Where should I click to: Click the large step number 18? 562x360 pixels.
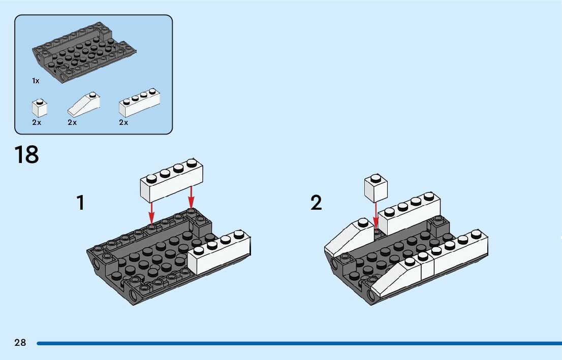pos(26,155)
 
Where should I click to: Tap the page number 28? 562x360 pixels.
pos(20,343)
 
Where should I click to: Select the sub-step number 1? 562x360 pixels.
pos(81,203)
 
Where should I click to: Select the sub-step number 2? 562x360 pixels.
pos(316,203)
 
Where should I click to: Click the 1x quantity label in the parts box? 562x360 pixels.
pos(36,81)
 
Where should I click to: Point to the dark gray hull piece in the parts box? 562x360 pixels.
pos(84,52)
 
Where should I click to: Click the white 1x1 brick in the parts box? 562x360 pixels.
pos(40,108)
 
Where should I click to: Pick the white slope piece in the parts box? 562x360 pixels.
pos(84,104)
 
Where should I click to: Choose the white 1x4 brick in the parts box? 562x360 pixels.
pos(139,103)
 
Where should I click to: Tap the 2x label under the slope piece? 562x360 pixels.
pos(72,122)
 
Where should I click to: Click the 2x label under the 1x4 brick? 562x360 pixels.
pos(123,122)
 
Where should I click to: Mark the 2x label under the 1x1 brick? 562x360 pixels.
pos(37,122)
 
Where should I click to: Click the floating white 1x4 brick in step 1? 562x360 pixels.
pos(171,181)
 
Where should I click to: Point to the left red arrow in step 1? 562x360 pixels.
pos(151,213)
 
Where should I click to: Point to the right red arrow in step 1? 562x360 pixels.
pos(191,197)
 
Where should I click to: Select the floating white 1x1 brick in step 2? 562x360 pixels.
pos(376,188)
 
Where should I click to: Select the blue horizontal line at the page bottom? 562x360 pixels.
pos(299,344)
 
